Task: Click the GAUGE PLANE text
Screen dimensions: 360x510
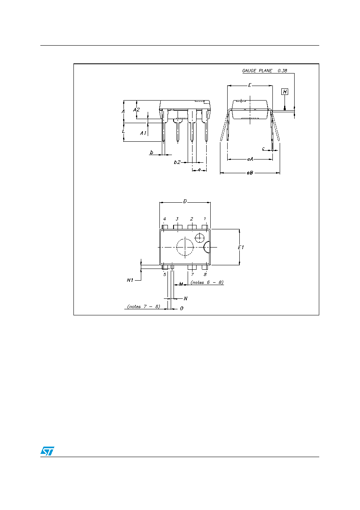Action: tap(257, 71)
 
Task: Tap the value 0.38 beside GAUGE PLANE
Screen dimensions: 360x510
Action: tap(282, 71)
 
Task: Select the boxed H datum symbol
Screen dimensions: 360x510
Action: tap(285, 92)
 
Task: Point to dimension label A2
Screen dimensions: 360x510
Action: tap(136, 110)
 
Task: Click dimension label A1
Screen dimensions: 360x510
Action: tap(143, 133)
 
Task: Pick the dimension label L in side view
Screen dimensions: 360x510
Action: tap(123, 131)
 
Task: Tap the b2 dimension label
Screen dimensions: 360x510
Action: tap(177, 162)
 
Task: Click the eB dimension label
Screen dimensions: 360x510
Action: tap(250, 173)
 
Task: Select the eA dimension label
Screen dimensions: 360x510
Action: tap(250, 160)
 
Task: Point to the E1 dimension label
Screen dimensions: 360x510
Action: tap(241, 247)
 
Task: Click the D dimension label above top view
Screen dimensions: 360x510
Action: tap(185, 201)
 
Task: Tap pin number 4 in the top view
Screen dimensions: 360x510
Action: tap(165, 219)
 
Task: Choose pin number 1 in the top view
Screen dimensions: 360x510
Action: tap(205, 219)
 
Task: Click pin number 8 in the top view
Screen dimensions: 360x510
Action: tap(205, 275)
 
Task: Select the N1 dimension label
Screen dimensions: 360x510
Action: tap(130, 280)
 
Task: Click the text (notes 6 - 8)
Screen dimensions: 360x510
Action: tap(207, 283)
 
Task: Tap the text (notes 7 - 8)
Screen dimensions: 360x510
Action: tap(144, 306)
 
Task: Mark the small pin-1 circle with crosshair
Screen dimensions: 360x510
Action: tap(199, 238)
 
